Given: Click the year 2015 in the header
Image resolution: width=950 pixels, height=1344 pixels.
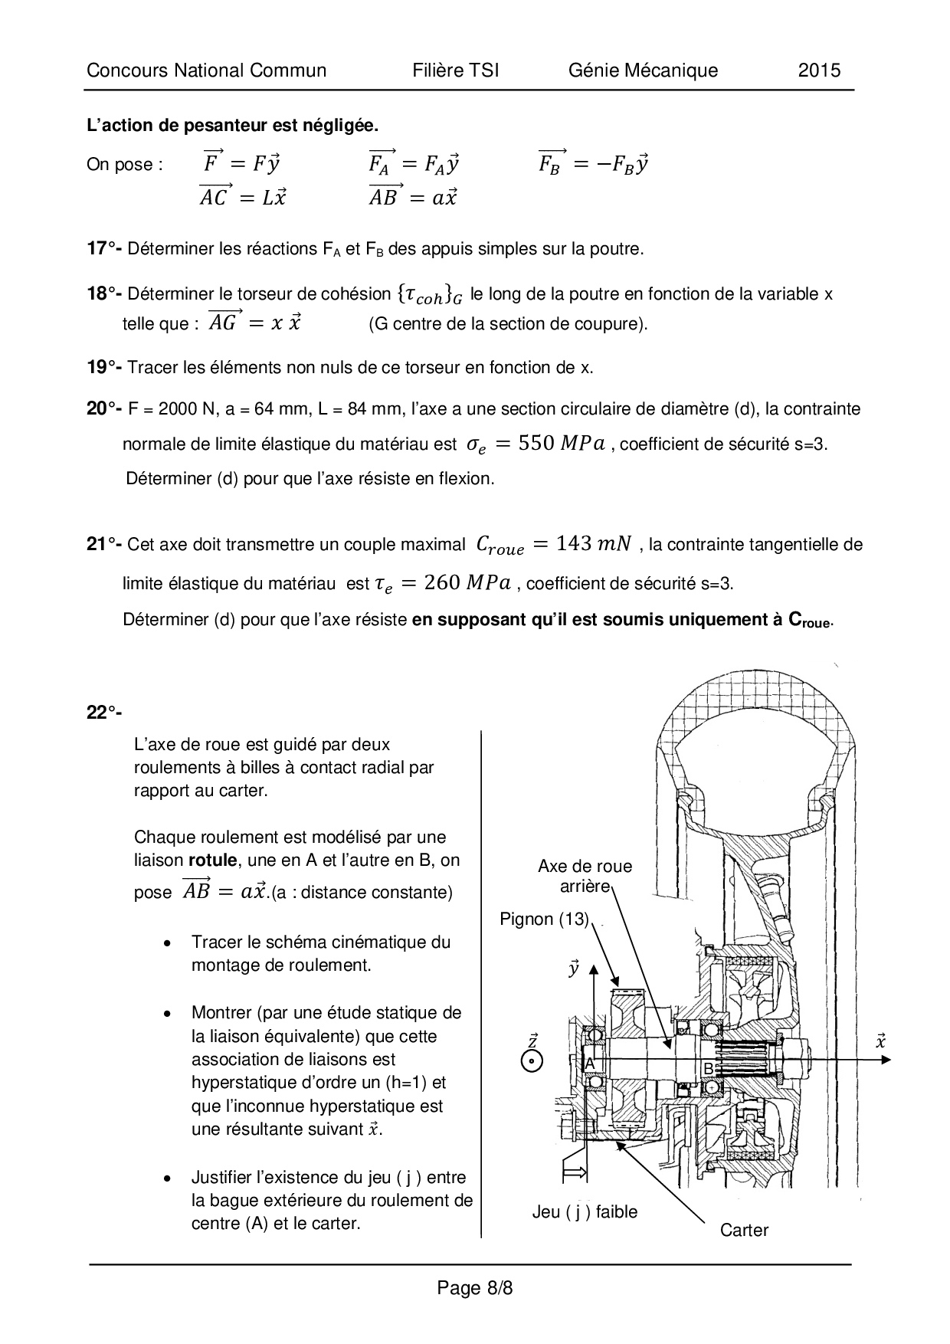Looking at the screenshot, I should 819,70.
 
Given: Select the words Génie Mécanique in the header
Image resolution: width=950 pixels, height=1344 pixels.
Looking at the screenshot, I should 643,70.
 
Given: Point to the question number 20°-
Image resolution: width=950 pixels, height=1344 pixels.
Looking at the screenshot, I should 104,409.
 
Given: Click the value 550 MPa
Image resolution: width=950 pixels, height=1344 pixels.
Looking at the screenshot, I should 562,444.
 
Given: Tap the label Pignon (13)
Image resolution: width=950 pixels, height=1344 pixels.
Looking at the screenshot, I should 544,919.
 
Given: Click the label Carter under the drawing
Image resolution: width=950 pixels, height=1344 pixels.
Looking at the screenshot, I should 744,1230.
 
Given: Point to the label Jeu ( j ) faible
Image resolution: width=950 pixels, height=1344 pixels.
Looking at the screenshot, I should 585,1211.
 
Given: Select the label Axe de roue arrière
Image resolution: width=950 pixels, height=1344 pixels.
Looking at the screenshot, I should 585,876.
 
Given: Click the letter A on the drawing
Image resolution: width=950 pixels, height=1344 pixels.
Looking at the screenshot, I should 590,1064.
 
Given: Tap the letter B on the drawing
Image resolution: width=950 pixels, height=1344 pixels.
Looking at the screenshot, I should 709,1068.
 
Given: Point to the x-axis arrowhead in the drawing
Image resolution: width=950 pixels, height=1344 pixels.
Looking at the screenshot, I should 886,1060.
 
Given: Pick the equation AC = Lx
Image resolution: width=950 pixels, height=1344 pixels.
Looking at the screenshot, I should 243,197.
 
